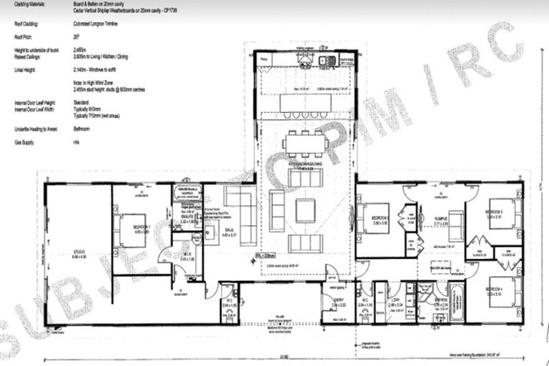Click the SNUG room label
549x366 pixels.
coord(229,229)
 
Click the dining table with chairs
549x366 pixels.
coord(305,142)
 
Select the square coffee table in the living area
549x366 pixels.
coord(305,210)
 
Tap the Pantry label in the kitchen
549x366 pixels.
coord(264,60)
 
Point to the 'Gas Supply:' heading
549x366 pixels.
coord(25,143)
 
